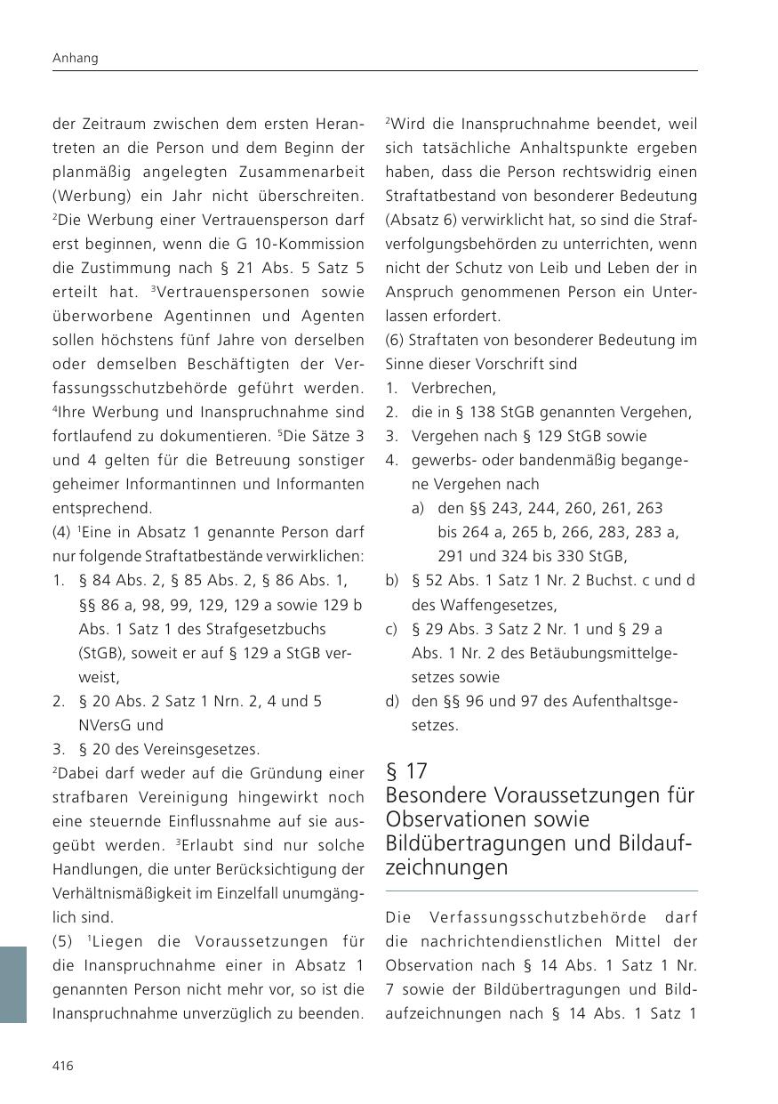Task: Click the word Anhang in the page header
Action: click(x=76, y=58)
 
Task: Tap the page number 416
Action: click(x=63, y=1067)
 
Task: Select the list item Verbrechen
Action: click(x=453, y=388)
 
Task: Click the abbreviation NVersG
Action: click(x=107, y=725)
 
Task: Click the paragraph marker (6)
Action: click(x=396, y=340)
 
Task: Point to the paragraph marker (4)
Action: click(x=63, y=533)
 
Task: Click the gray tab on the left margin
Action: click(x=13, y=984)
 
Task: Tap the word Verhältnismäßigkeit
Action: click(x=130, y=892)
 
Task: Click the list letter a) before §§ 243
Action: click(x=417, y=508)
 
